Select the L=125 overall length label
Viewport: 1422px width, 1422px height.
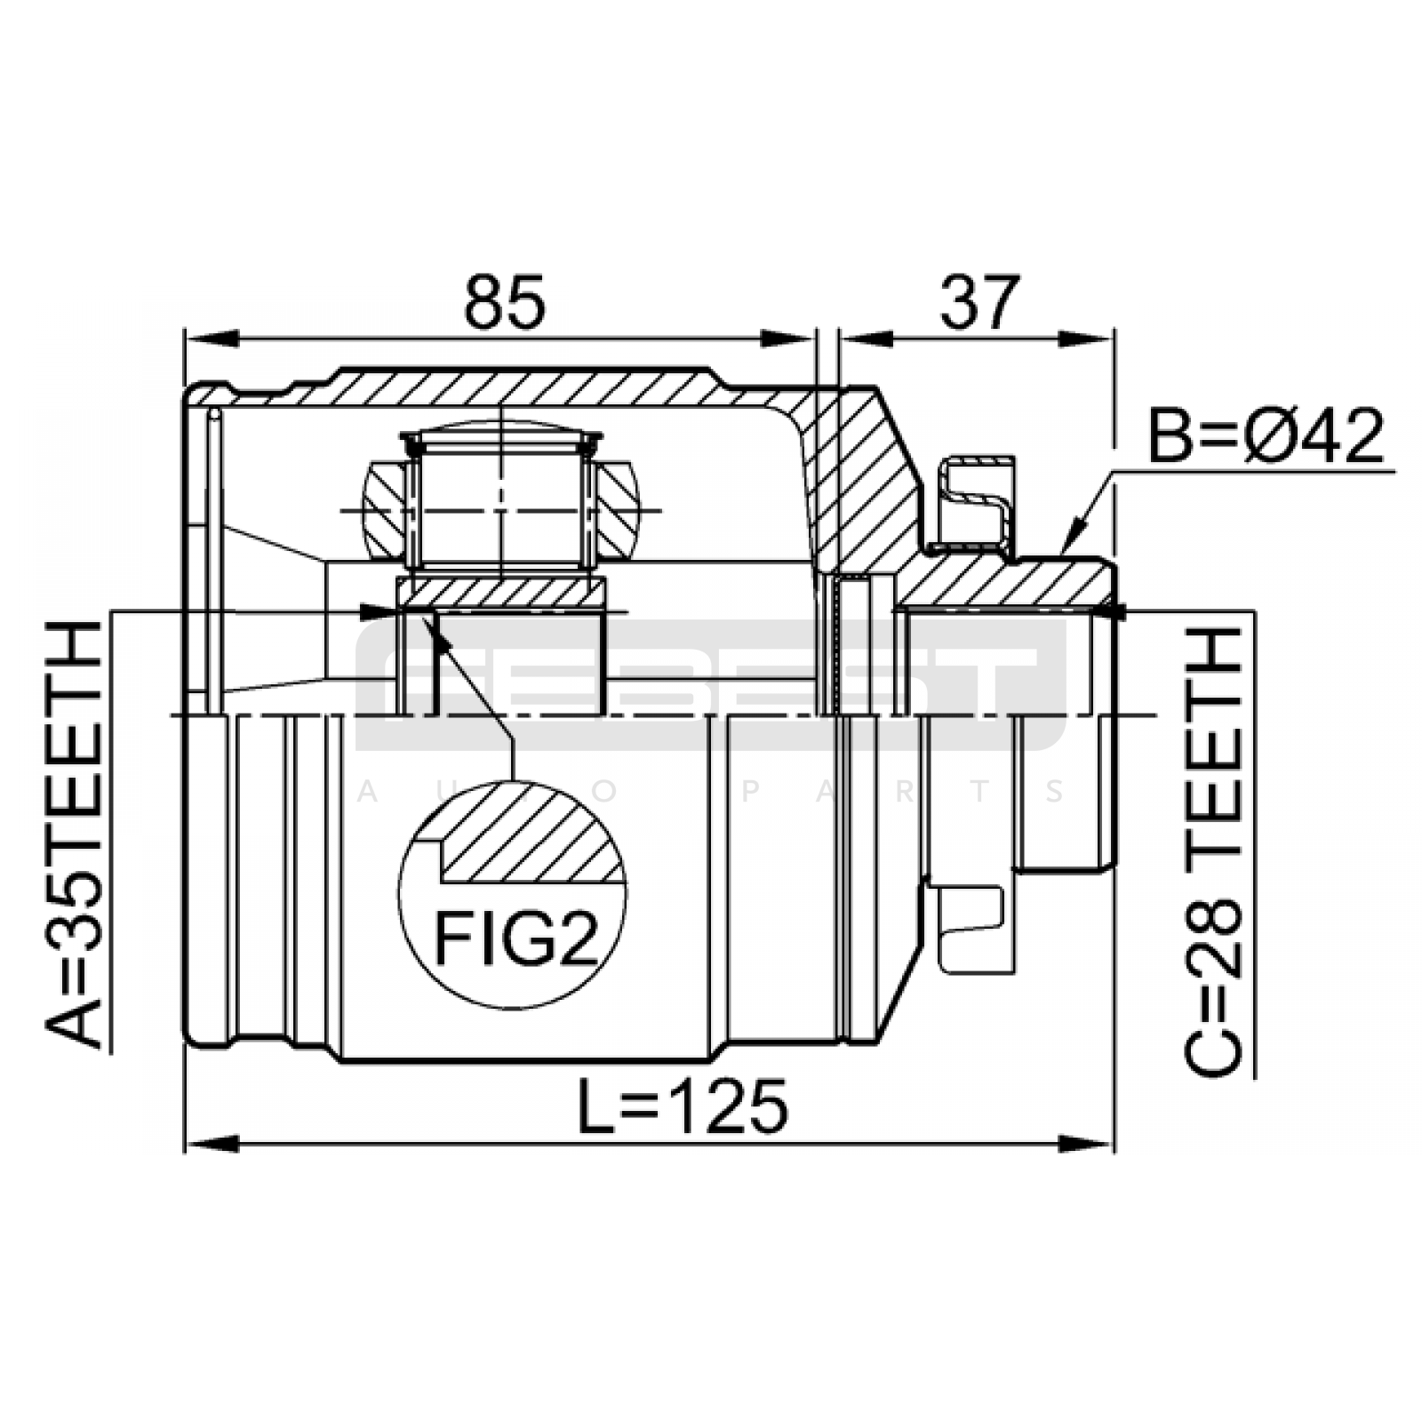pyautogui.click(x=682, y=1107)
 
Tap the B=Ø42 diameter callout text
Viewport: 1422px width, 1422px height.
pyautogui.click(x=1266, y=436)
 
